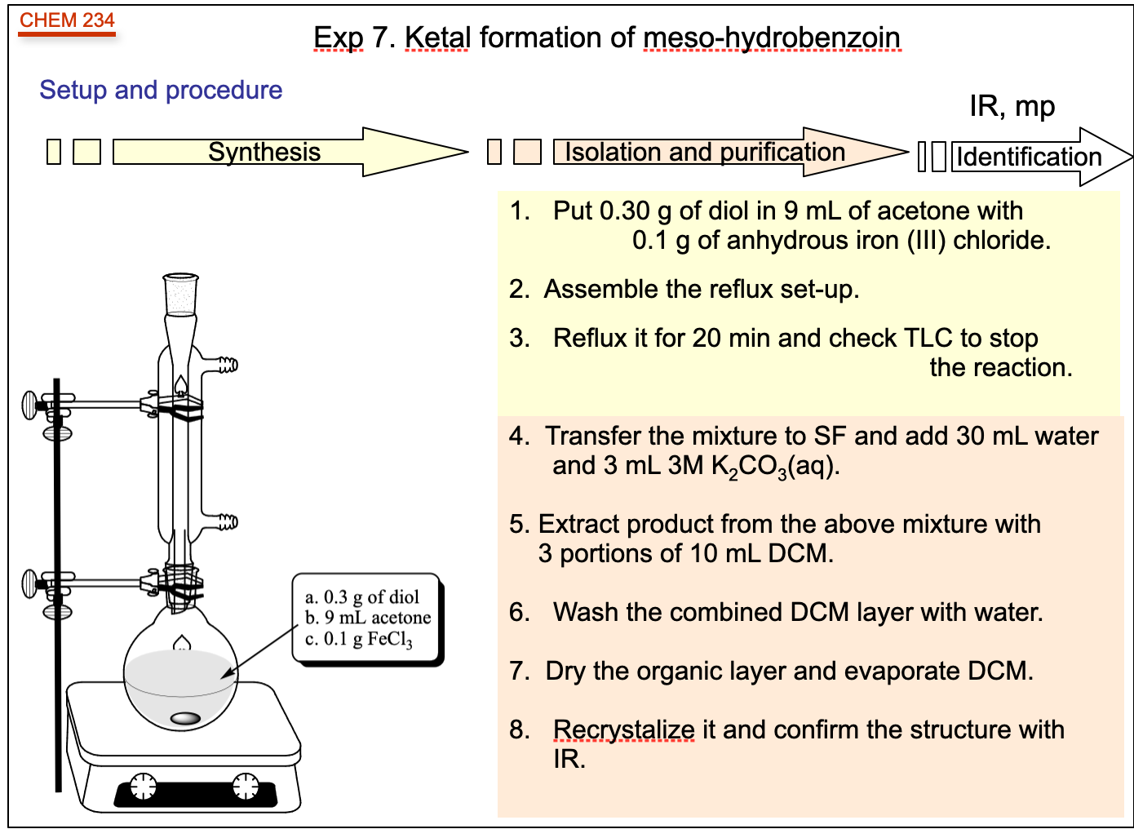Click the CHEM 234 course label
pyautogui.click(x=67, y=20)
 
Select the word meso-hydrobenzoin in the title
pyautogui.click(x=771, y=38)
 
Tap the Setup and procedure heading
pyautogui.click(x=161, y=90)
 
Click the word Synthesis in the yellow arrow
pyautogui.click(x=264, y=152)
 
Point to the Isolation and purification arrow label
pyautogui.click(x=704, y=152)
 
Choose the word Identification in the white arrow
pyautogui.click(x=1028, y=157)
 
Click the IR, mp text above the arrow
pyautogui.click(x=1012, y=106)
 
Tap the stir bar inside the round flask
pyautogui.click(x=185, y=718)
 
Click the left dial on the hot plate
pyautogui.click(x=143, y=786)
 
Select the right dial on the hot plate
pyautogui.click(x=246, y=786)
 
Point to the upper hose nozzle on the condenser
pyautogui.click(x=227, y=365)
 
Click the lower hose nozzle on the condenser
pyautogui.click(x=227, y=521)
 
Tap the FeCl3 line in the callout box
pyautogui.click(x=359, y=639)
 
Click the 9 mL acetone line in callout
pyautogui.click(x=368, y=618)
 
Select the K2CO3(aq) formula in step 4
pyautogui.click(x=775, y=466)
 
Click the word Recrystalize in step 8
pyautogui.click(x=623, y=729)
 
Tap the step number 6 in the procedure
pyautogui.click(x=519, y=612)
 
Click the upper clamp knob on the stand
pyautogui.click(x=31, y=405)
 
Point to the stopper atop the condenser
pyautogui.click(x=180, y=294)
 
